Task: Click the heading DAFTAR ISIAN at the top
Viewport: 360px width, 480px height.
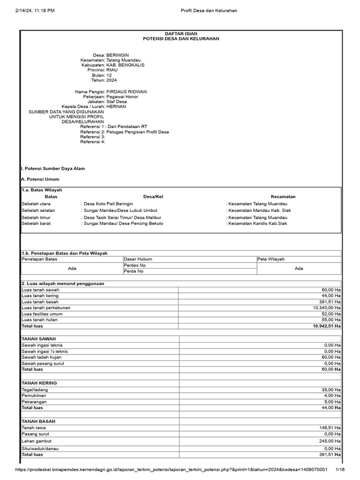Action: [181, 33]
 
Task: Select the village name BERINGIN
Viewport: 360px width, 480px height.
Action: [118, 55]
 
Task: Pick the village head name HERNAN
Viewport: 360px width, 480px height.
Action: [116, 106]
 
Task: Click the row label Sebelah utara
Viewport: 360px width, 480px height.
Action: [36, 204]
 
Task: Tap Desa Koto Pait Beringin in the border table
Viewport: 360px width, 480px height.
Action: [108, 204]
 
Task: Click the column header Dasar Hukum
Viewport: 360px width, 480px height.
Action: [137, 259]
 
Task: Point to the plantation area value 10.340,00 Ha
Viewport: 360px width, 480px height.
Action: [327, 307]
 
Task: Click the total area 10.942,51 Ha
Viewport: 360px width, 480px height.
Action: [327, 325]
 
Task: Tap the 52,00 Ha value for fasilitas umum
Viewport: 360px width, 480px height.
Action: [331, 314]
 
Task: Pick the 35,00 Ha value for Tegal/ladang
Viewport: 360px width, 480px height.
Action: [331, 390]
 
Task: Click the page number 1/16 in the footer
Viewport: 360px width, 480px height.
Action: [340, 470]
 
